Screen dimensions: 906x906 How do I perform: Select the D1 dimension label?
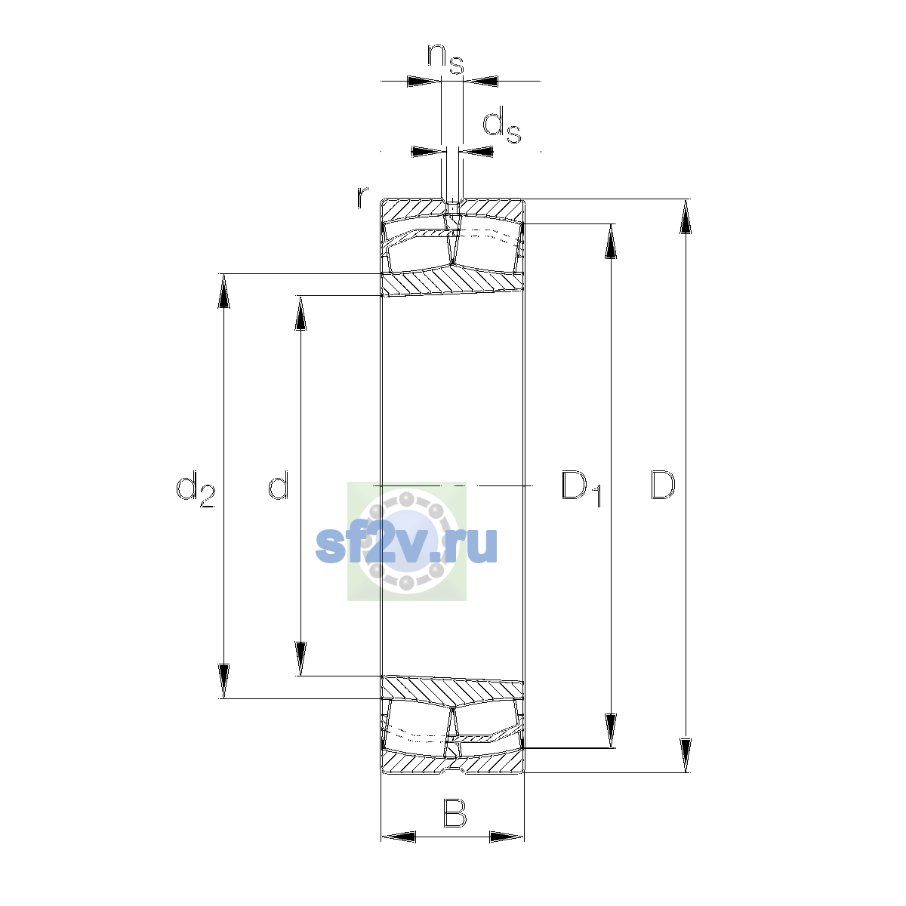click(x=581, y=488)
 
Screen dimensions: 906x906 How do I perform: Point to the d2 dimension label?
click(x=195, y=489)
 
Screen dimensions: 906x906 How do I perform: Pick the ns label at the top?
click(x=445, y=60)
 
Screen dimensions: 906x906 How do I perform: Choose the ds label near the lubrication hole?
click(x=501, y=125)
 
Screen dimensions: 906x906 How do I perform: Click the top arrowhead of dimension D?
click(x=686, y=216)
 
